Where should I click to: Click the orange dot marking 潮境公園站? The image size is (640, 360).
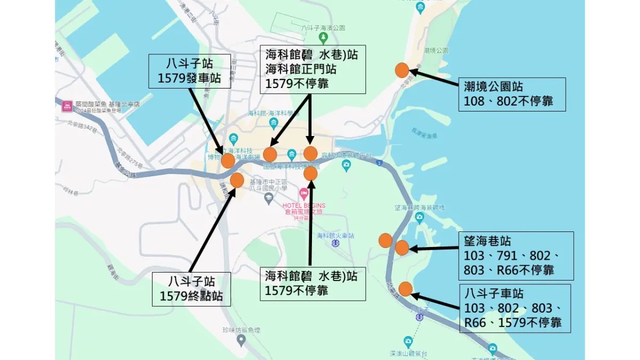point(402,70)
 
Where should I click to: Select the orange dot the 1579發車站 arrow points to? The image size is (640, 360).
point(228,161)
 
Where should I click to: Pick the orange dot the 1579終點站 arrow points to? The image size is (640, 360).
point(237,180)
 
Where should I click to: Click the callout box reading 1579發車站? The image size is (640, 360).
point(190,71)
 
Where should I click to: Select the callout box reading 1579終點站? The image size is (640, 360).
point(191,289)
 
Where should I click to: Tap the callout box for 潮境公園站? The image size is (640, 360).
point(511,94)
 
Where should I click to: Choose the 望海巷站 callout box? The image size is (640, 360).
point(516,255)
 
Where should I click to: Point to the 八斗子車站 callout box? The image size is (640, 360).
point(515,308)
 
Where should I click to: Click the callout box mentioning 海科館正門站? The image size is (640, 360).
point(312,69)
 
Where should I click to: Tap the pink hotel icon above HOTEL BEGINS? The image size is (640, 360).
point(303,193)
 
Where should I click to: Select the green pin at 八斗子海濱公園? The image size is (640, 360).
point(322,37)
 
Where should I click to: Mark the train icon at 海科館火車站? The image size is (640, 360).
point(335,244)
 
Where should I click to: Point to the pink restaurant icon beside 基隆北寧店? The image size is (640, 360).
point(67,105)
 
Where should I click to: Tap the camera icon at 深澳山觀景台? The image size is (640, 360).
point(408,340)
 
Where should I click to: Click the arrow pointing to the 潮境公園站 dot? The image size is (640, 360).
point(435,78)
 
